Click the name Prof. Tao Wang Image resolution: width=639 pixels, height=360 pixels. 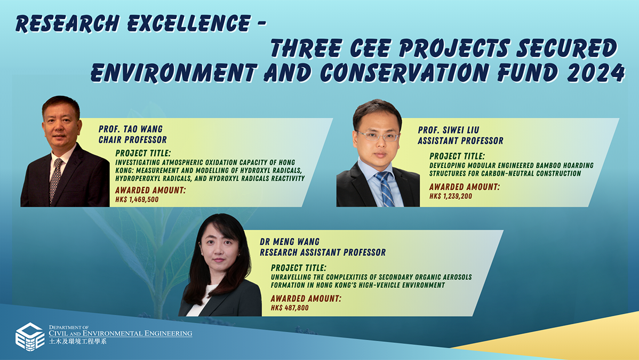click(131, 129)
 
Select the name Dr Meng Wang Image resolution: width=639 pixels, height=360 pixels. click(289, 242)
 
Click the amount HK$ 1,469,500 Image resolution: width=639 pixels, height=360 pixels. click(137, 199)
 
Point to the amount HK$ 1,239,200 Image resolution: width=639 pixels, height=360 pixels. click(451, 196)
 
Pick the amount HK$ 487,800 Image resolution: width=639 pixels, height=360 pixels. click(290, 308)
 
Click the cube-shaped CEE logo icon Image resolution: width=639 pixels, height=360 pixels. click(29, 337)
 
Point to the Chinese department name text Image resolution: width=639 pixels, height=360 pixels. click(77, 341)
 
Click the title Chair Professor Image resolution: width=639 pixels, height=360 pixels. click(133, 140)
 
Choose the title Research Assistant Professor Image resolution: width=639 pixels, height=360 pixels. click(323, 252)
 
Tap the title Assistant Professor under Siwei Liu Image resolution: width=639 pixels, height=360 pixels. click(460, 141)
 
